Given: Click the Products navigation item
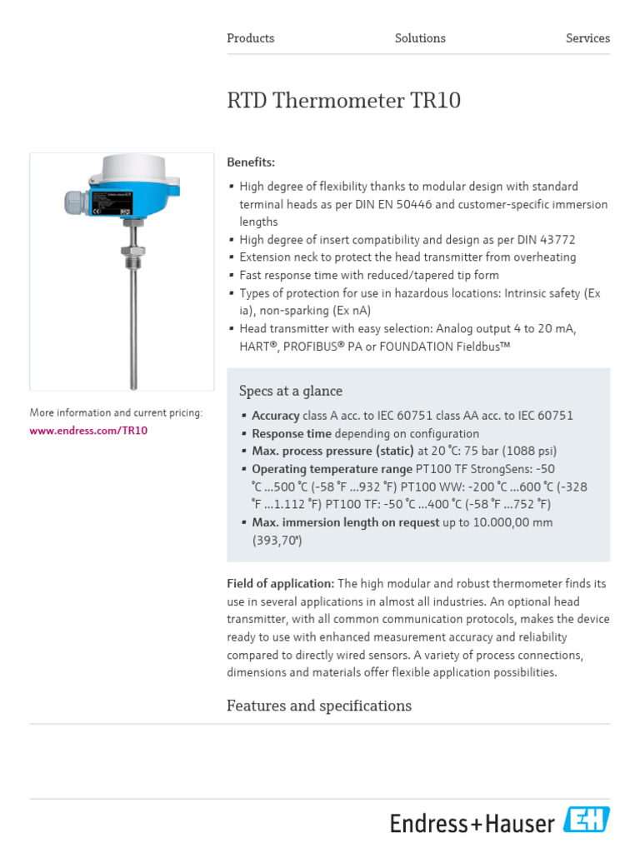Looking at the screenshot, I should [250, 38].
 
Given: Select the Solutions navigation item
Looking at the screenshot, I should [420, 38].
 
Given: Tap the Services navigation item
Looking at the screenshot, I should [587, 38].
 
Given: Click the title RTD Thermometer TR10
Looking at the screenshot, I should [343, 102].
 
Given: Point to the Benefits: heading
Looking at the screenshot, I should [251, 162].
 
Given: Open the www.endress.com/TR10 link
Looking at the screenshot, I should [88, 431].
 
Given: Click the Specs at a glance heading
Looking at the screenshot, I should [290, 391].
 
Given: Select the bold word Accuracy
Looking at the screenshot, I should [275, 416].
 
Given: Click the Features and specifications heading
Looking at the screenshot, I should [319, 706].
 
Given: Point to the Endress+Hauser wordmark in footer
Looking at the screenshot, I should [472, 824].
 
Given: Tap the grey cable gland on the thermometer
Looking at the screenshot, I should [73, 201].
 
